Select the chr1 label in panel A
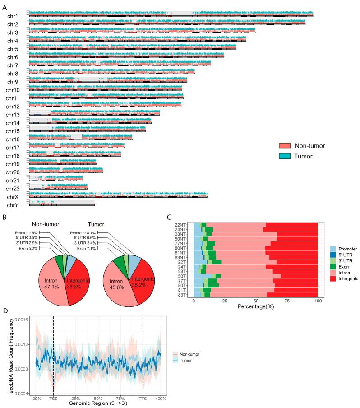point(13,16)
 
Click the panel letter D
point(4,310)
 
